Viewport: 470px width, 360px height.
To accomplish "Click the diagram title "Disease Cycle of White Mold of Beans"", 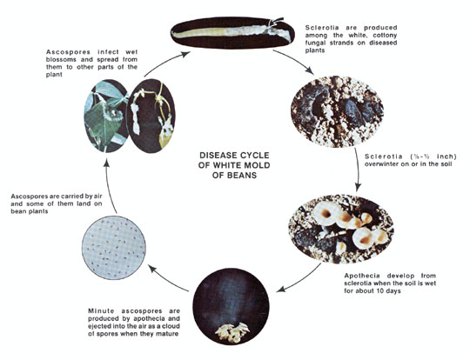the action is click(234, 165).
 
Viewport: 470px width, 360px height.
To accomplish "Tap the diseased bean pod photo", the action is click(232, 32).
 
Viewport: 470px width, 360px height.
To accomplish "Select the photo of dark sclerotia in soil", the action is click(337, 111).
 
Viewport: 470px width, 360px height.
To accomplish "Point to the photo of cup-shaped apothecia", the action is click(341, 229).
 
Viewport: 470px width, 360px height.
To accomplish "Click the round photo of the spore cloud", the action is click(231, 306).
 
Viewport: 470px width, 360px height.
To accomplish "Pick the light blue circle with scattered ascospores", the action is click(114, 248).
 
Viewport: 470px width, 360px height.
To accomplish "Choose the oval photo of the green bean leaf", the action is click(107, 116).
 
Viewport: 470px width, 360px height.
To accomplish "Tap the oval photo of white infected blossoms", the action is click(151, 116).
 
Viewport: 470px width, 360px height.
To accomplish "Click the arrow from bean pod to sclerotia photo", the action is click(295, 60).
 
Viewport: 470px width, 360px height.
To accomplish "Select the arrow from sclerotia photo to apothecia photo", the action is click(358, 170).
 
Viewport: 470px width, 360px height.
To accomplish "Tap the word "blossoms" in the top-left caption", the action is click(59, 59).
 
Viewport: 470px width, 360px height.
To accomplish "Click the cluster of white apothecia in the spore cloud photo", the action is click(232, 332).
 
